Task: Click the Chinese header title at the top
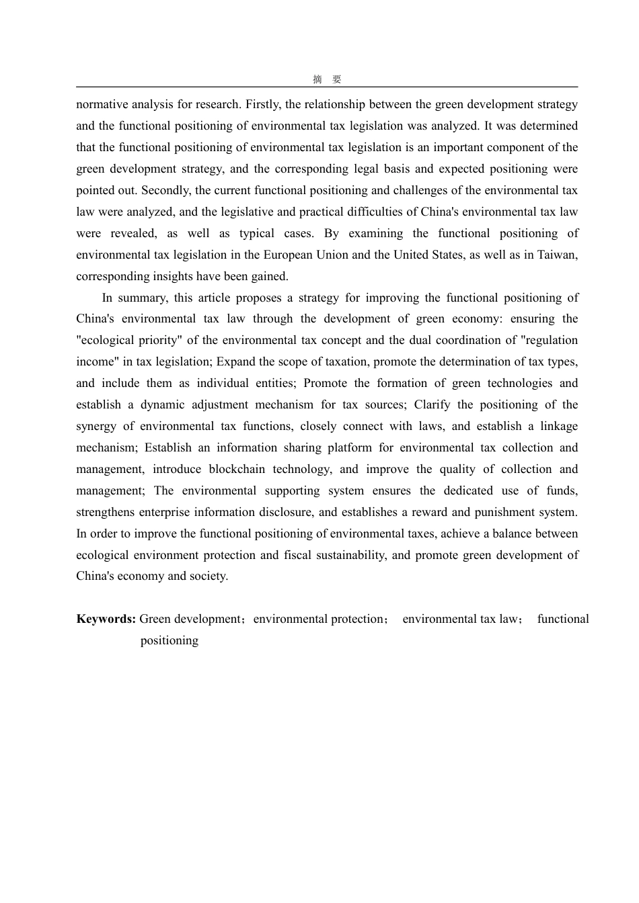(x=327, y=79)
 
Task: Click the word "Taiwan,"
(x=558, y=255)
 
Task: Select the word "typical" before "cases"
(x=257, y=233)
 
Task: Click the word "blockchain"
(x=237, y=469)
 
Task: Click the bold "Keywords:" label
(x=106, y=619)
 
